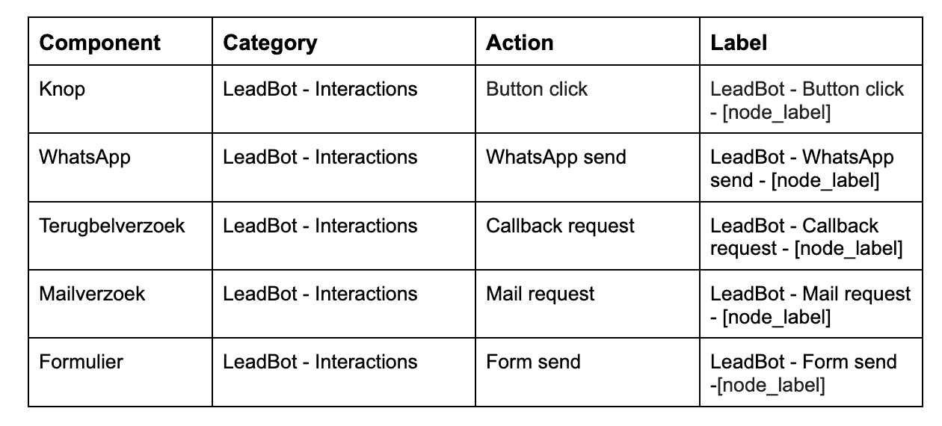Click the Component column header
click(99, 43)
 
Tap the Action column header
click(520, 43)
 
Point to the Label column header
click(739, 43)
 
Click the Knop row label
click(62, 90)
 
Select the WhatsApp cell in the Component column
click(85, 158)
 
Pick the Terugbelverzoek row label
click(112, 226)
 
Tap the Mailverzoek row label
click(92, 294)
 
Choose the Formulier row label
click(81, 362)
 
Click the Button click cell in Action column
click(537, 89)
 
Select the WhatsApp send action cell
click(556, 158)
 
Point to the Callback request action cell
click(560, 226)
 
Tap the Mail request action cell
click(541, 294)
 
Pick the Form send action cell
click(533, 362)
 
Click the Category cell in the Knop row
click(320, 89)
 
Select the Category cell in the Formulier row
click(320, 362)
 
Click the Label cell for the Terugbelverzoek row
click(807, 238)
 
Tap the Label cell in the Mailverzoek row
click(810, 306)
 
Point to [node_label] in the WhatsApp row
click(825, 181)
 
